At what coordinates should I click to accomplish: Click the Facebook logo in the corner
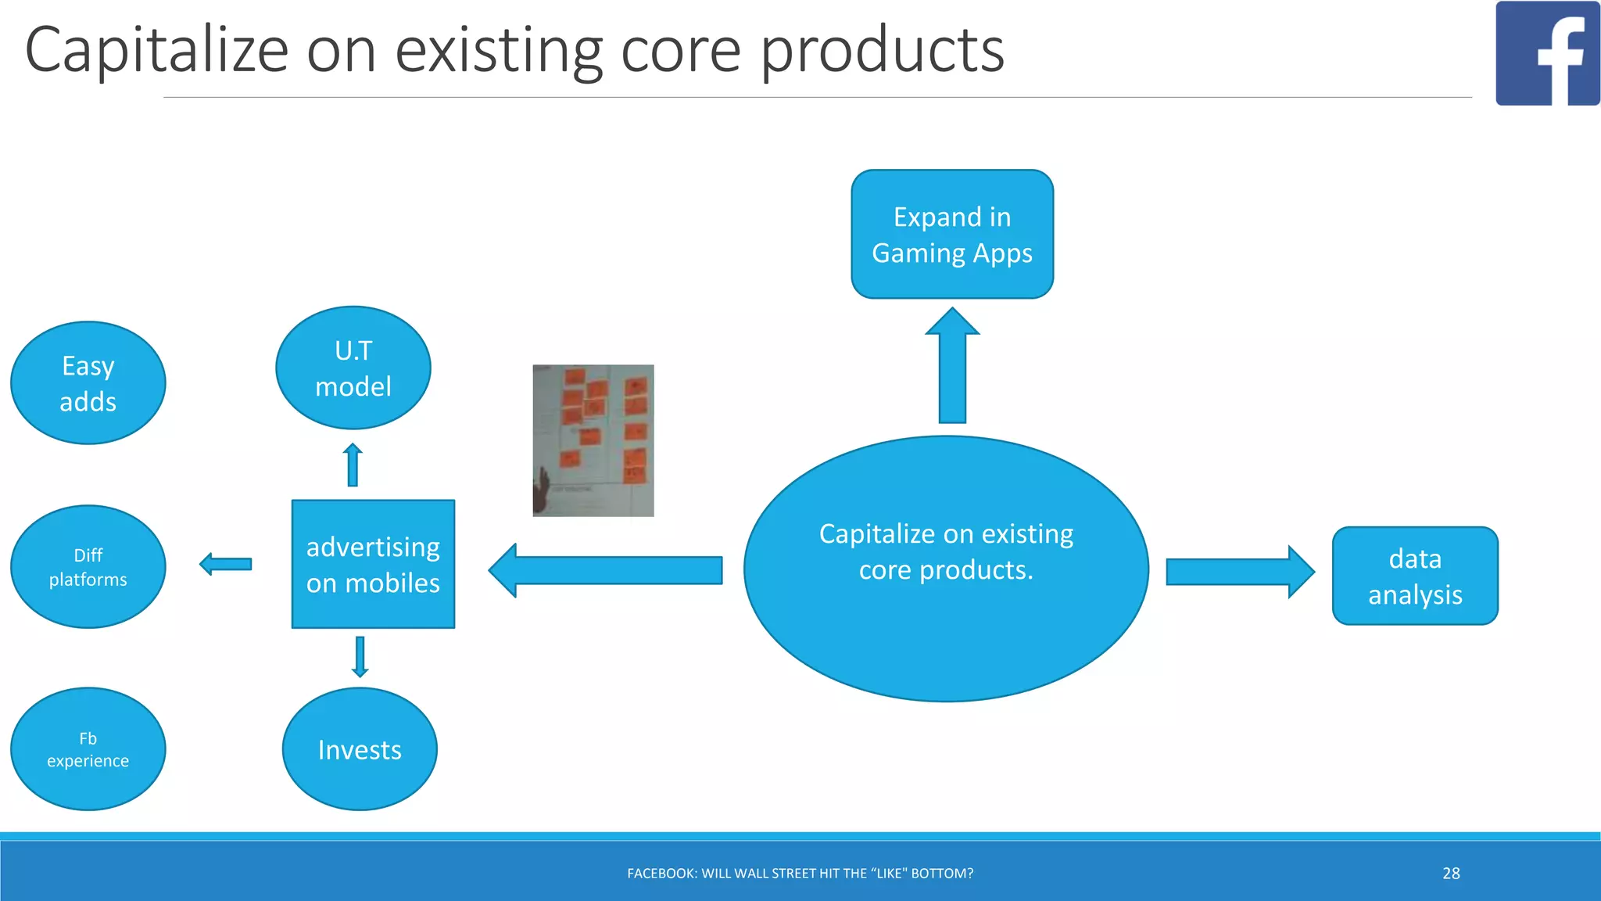(x=1546, y=53)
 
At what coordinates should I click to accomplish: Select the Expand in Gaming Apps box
(x=951, y=234)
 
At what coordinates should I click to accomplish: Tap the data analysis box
(x=1414, y=576)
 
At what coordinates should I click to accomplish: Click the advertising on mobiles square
(x=373, y=564)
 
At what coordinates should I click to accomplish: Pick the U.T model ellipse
(x=353, y=368)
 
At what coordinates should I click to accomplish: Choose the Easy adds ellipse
(x=88, y=383)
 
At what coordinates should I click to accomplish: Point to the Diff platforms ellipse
(x=88, y=566)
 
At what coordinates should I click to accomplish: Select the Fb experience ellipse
(x=88, y=749)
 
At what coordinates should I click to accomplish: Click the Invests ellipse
(x=360, y=749)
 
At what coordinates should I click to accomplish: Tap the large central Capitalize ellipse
(x=945, y=569)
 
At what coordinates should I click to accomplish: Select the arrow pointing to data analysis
(x=1239, y=572)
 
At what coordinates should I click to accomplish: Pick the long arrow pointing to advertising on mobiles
(x=606, y=570)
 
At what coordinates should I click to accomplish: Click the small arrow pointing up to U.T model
(x=353, y=465)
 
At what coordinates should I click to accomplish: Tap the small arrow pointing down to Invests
(x=360, y=656)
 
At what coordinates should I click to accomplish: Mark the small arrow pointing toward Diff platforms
(x=226, y=564)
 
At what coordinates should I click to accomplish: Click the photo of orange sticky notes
(x=593, y=440)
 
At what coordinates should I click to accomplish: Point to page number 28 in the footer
(x=1451, y=874)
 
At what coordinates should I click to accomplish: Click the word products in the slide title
(x=882, y=51)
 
